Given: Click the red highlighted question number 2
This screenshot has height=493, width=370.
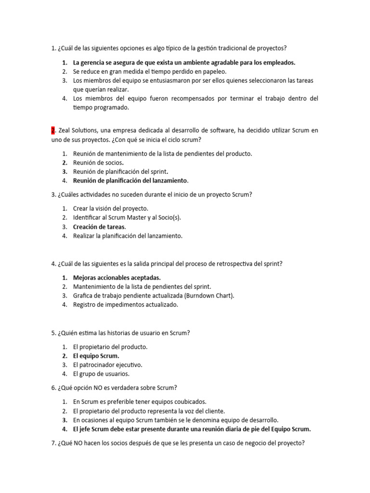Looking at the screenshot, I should pyautogui.click(x=53, y=130).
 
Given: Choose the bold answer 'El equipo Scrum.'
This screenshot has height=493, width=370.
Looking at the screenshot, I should pyautogui.click(x=96, y=356).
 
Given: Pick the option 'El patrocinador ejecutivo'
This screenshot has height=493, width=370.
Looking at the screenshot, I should pyautogui.click(x=107, y=364).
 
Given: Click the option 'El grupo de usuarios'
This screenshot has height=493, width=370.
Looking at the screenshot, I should pyautogui.click(x=101, y=374).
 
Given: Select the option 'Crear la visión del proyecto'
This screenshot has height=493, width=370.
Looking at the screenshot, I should pyautogui.click(x=111, y=208).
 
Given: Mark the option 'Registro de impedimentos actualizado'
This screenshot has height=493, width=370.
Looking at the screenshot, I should pyautogui.click(x=125, y=305).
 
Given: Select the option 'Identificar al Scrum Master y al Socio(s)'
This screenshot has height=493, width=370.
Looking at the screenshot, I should pyautogui.click(x=127, y=218).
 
